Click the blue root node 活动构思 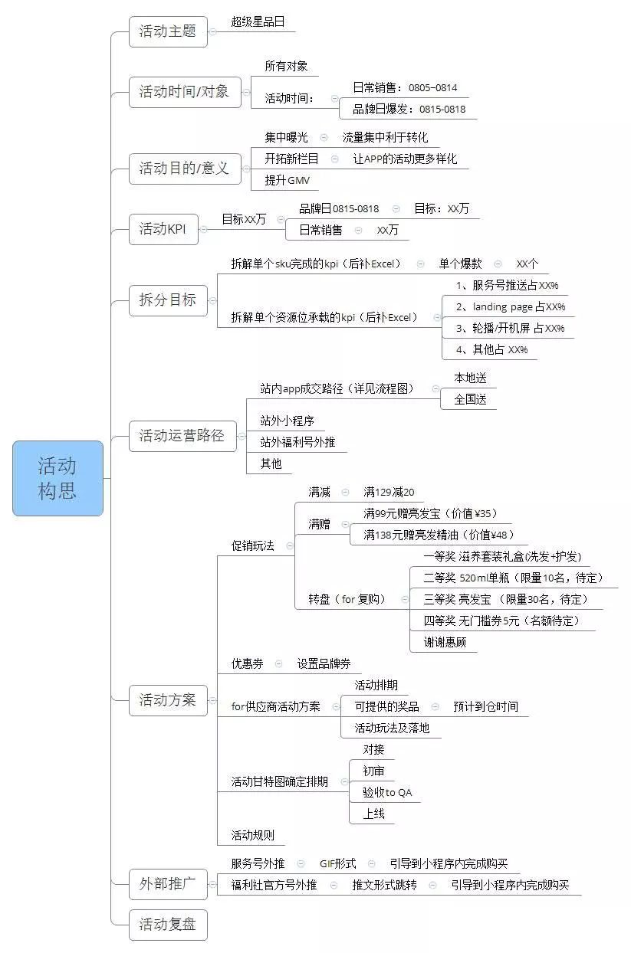click(x=58, y=478)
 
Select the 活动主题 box click(x=168, y=31)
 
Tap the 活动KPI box click(x=163, y=229)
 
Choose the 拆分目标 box click(x=168, y=300)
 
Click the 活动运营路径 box click(x=182, y=436)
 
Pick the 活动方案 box click(x=168, y=700)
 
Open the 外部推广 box click(x=168, y=884)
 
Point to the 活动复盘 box click(x=168, y=925)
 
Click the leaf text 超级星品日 click(x=258, y=21)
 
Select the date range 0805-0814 click(x=433, y=88)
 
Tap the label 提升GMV click(x=288, y=180)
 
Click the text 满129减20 click(x=389, y=493)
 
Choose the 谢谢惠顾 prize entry click(x=445, y=642)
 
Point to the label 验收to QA click(x=387, y=792)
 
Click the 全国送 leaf click(x=471, y=399)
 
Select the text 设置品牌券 click(x=324, y=663)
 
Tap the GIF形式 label click(x=338, y=863)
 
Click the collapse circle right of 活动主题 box click(x=213, y=32)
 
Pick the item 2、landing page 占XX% click(x=511, y=306)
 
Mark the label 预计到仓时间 click(x=486, y=706)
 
